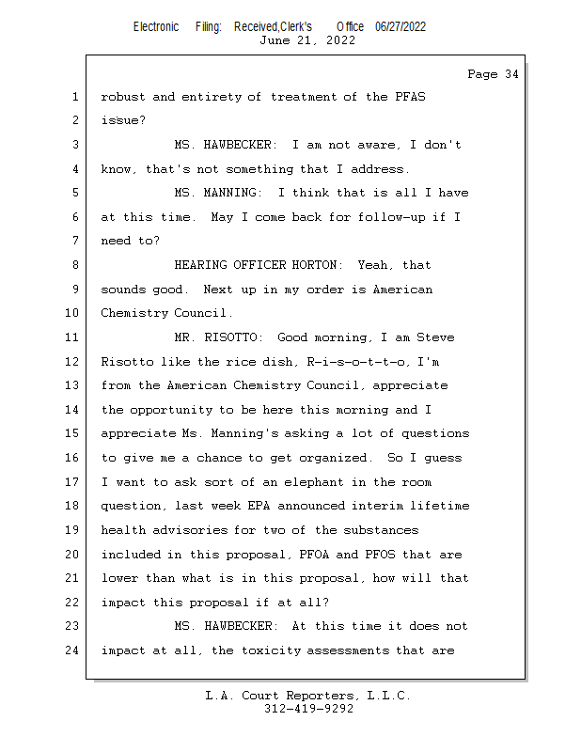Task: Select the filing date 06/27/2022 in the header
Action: [400, 27]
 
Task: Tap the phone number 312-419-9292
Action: [308, 709]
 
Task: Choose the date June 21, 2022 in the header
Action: [308, 40]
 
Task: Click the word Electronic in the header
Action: [156, 27]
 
